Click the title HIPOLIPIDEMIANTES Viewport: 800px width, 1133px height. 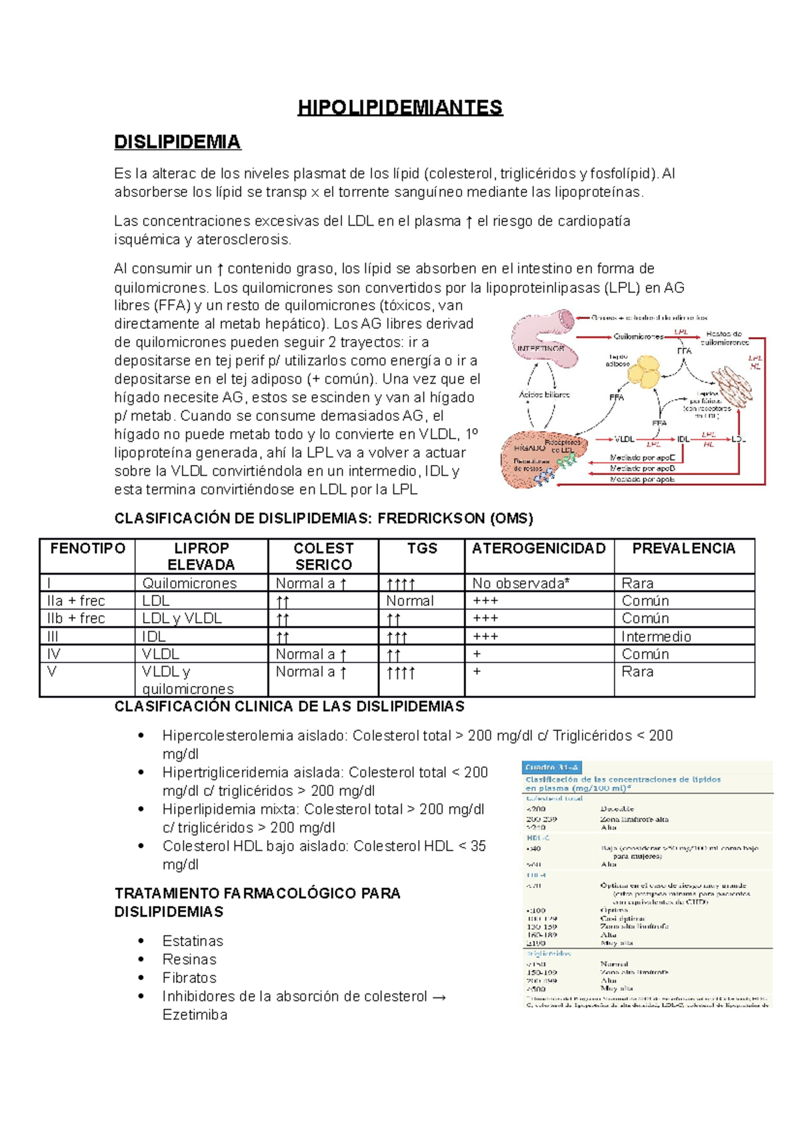coord(400,108)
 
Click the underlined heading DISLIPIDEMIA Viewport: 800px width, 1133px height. coord(177,142)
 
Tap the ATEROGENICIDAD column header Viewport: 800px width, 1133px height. coord(539,548)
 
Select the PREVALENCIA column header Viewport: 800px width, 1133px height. coord(683,548)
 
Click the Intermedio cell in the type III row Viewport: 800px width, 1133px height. coord(656,637)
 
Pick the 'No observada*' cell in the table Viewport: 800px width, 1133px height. coord(521,583)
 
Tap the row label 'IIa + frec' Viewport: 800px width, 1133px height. coord(76,601)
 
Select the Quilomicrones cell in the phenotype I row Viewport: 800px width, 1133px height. coord(189,583)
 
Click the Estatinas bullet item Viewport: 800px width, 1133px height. coord(193,941)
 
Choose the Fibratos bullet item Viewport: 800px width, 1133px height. coord(189,978)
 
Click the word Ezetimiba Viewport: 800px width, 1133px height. coord(195,1015)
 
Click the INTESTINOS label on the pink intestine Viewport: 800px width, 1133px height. coord(541,348)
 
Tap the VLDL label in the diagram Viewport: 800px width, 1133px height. coord(624,439)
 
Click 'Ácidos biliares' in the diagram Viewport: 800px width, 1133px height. coord(544,395)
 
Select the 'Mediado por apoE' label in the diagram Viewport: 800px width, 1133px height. coord(643,458)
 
